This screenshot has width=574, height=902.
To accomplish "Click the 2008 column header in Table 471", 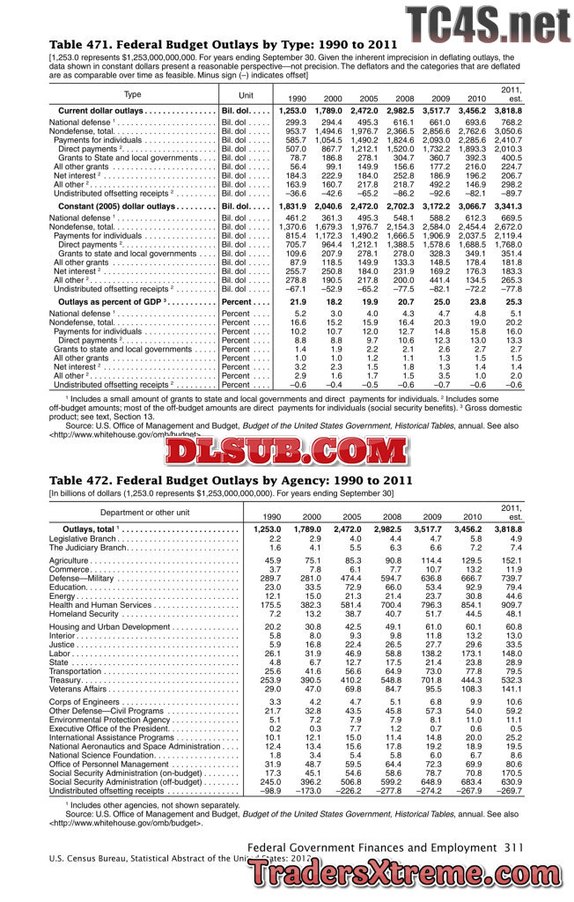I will coord(405,99).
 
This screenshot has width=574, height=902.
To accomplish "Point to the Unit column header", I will coord(246,94).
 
